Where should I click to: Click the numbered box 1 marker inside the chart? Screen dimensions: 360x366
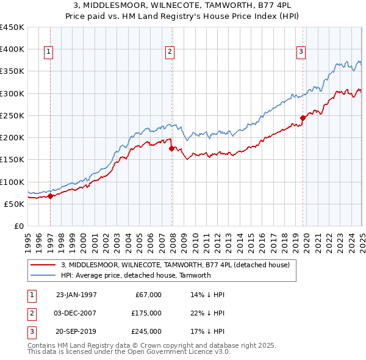click(48, 52)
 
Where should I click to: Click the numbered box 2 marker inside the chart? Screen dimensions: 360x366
click(170, 52)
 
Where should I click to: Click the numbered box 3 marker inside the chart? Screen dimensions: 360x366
click(301, 52)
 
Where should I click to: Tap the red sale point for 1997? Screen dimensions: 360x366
click(51, 196)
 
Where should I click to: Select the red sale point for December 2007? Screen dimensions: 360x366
click(171, 148)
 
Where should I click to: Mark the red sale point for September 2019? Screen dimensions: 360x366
click(303, 118)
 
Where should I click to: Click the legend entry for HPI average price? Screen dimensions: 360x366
click(135, 275)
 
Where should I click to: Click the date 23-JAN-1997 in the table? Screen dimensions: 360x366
click(76, 295)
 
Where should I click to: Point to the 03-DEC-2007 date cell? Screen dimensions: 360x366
click(76, 314)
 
